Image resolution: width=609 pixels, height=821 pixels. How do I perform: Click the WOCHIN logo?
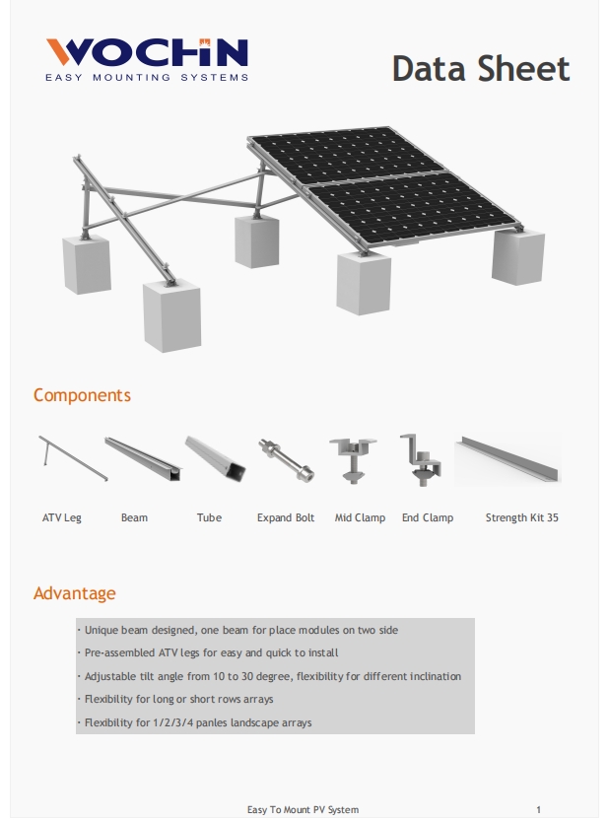[x=147, y=53]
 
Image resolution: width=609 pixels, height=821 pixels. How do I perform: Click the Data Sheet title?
[x=480, y=69]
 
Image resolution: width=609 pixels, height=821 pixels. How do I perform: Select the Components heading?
[x=82, y=395]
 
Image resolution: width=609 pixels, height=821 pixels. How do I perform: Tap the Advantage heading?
[x=74, y=593]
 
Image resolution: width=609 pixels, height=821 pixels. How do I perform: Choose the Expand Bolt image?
[x=286, y=459]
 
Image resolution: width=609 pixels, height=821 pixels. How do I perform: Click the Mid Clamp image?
[x=354, y=458]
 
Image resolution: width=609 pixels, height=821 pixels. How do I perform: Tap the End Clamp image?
[x=422, y=459]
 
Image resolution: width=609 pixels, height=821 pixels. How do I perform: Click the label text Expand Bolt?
[x=286, y=517]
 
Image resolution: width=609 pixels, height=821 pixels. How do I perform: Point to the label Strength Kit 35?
[x=521, y=517]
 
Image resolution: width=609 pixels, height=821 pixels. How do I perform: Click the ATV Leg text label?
[x=62, y=517]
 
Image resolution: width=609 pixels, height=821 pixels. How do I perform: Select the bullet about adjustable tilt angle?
[x=272, y=677]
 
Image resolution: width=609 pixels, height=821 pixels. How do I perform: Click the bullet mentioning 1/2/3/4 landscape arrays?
[x=197, y=722]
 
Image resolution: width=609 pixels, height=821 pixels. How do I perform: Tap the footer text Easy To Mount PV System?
[x=303, y=809]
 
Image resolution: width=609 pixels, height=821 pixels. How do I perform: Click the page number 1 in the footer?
[x=538, y=809]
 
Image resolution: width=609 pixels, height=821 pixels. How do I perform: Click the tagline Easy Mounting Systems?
[x=147, y=77]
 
